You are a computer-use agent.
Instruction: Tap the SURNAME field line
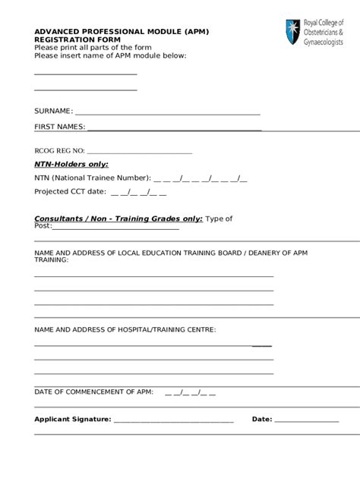(167, 112)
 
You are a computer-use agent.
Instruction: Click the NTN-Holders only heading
(71, 164)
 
